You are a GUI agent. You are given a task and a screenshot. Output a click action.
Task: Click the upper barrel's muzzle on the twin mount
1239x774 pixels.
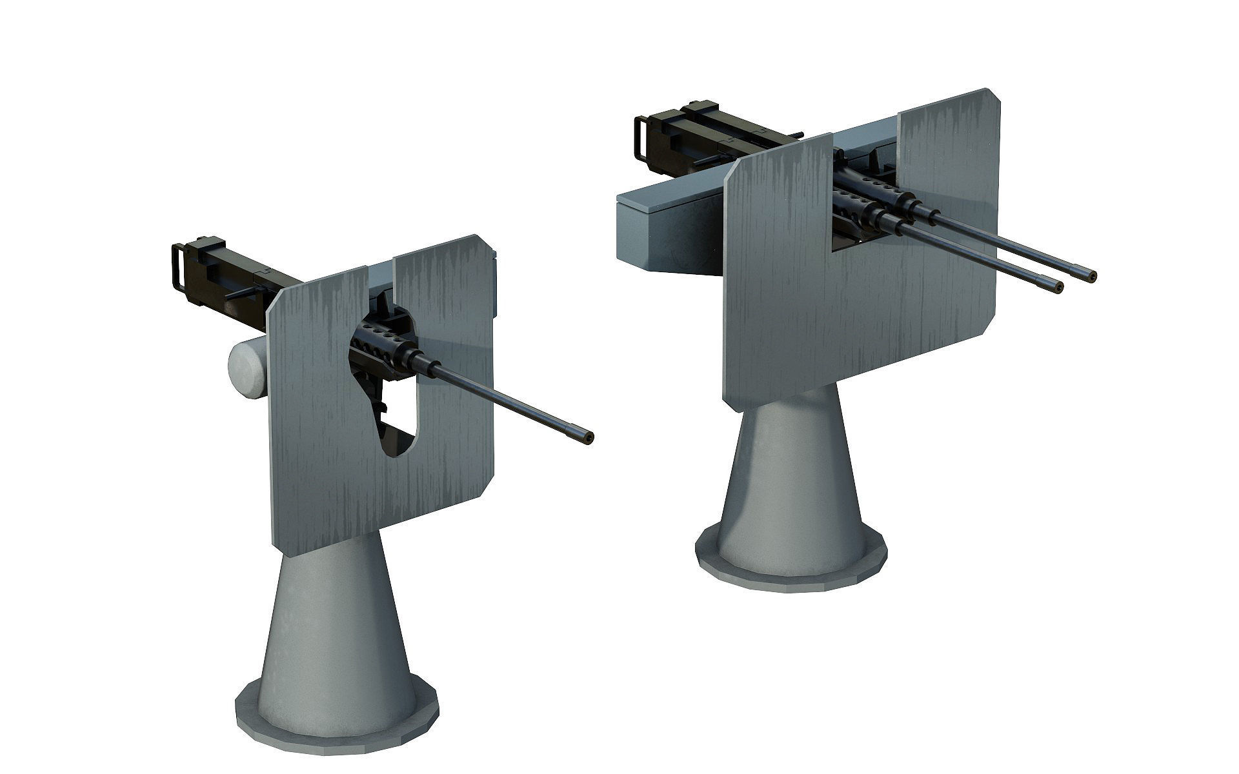tap(1091, 276)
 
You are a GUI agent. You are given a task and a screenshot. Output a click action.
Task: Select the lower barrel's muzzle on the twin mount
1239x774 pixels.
tap(1058, 288)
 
